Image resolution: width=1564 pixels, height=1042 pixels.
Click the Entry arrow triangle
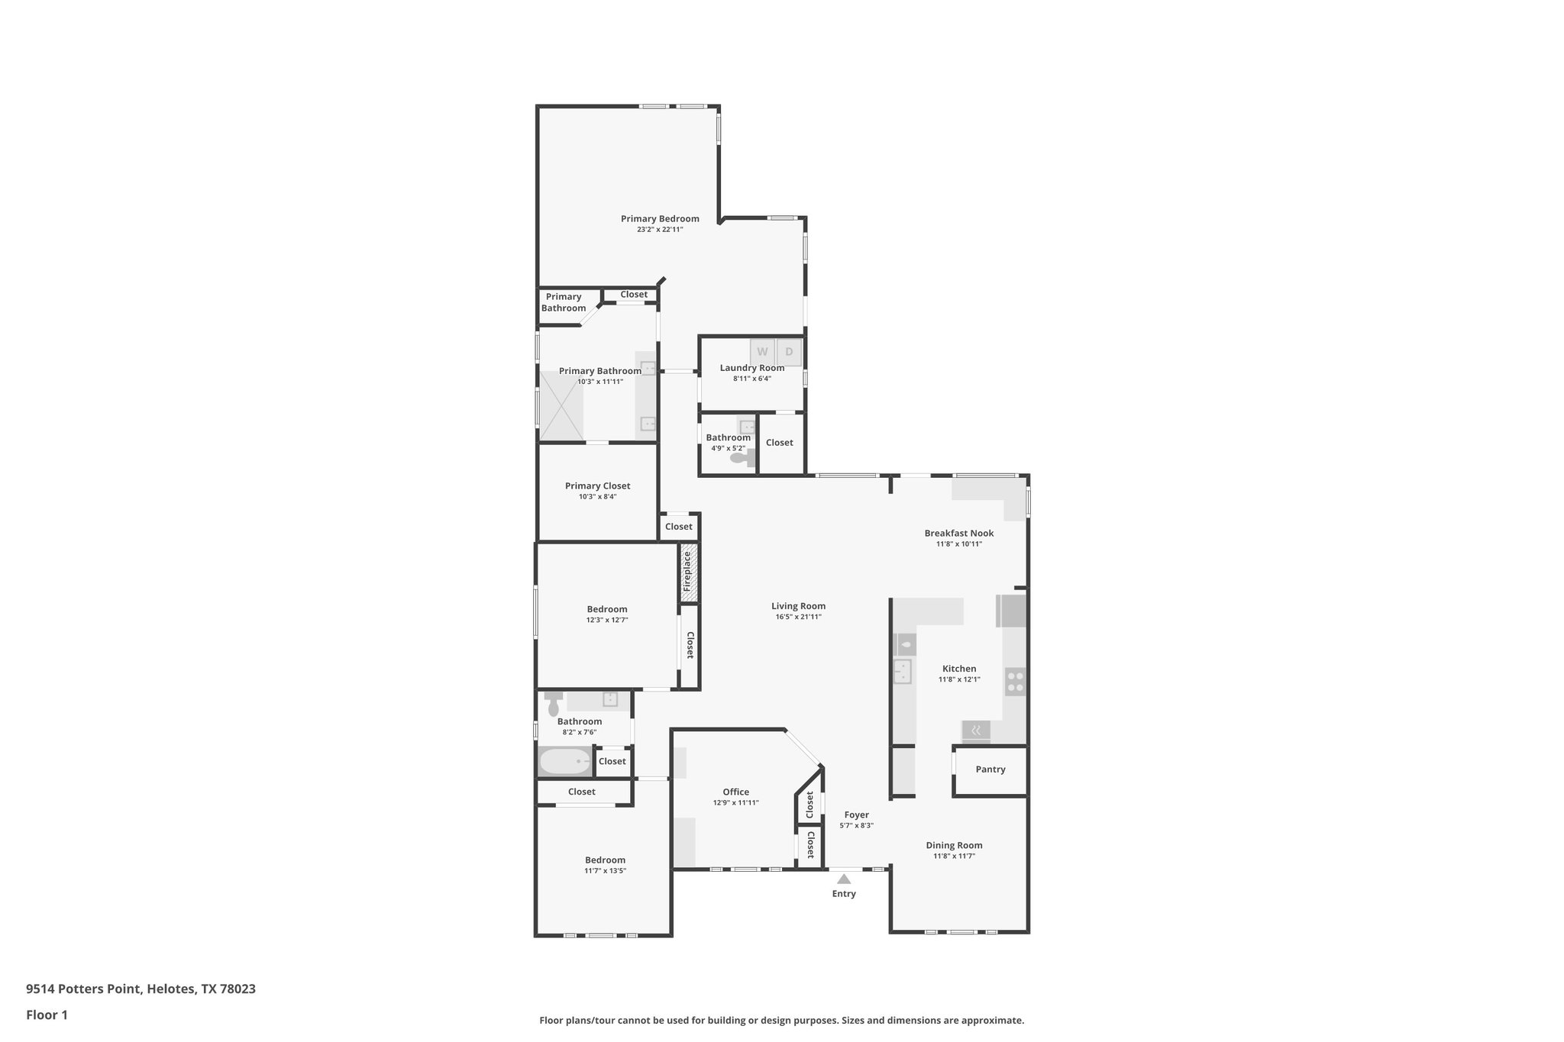coord(844,879)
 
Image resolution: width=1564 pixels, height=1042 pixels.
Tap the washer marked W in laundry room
coord(762,352)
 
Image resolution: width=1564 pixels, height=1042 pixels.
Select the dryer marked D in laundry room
coord(790,352)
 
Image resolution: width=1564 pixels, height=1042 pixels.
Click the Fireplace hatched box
coord(688,573)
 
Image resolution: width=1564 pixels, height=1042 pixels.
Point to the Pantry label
coord(990,769)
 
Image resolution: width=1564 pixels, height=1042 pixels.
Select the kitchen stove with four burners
coord(1015,682)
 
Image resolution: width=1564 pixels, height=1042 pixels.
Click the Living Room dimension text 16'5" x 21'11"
coord(798,617)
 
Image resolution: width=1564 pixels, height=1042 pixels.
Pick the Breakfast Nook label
coord(958,534)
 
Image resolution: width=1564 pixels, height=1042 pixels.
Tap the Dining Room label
coord(954,845)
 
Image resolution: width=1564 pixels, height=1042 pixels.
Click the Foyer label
coord(856,815)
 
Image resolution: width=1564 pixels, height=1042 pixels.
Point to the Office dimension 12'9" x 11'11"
coord(736,802)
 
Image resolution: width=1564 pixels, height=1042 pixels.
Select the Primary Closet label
coord(597,486)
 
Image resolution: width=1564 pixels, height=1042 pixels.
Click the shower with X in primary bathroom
coord(561,406)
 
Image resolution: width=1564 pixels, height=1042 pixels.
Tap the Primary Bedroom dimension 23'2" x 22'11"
coord(660,229)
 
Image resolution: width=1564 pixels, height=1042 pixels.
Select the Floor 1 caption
coord(47,1015)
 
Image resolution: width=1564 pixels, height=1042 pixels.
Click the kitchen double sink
coord(903,672)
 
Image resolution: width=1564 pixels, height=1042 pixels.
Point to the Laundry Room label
coord(751,368)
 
